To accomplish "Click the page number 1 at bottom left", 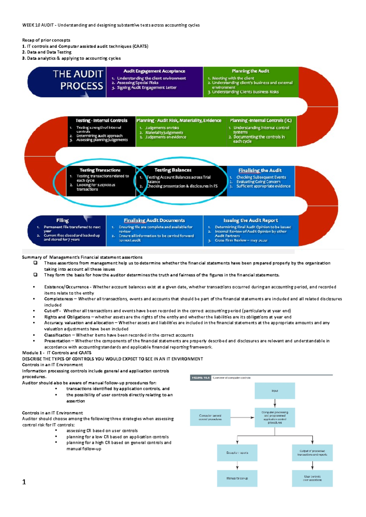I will [x=24, y=482].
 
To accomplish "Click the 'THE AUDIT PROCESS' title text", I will [x=78, y=80].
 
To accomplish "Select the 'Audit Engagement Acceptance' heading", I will [x=154, y=71].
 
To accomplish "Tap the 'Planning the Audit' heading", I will [x=250, y=71].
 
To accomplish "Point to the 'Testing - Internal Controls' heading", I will [x=101, y=120].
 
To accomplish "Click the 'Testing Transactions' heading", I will [x=100, y=170].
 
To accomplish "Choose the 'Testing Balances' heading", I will [x=173, y=170].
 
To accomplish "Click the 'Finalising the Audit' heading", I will [x=260, y=170].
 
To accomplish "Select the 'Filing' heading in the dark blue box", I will [x=62, y=220].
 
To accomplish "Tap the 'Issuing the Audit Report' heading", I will [x=250, y=220].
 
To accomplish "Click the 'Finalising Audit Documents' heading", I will [x=154, y=220].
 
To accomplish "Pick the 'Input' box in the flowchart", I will [x=274, y=391].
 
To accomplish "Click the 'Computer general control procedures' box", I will [x=210, y=417].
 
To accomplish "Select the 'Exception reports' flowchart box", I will [x=237, y=453].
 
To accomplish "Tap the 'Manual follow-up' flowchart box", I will [x=237, y=478].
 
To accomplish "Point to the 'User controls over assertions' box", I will [x=312, y=478].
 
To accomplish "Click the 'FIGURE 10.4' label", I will [x=200, y=378].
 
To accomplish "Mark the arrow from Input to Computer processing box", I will [x=275, y=403].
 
